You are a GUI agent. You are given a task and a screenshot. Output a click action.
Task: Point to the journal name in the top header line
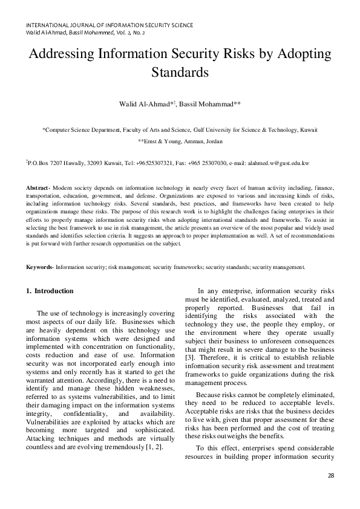(x=110, y=25)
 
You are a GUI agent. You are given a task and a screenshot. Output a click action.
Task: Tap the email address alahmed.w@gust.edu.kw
(x=283, y=163)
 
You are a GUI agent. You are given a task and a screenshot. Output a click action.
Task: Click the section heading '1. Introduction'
(x=50, y=291)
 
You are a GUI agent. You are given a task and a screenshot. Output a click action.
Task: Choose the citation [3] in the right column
(x=189, y=358)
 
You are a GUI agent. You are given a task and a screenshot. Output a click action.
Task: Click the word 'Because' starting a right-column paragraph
(x=209, y=394)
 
